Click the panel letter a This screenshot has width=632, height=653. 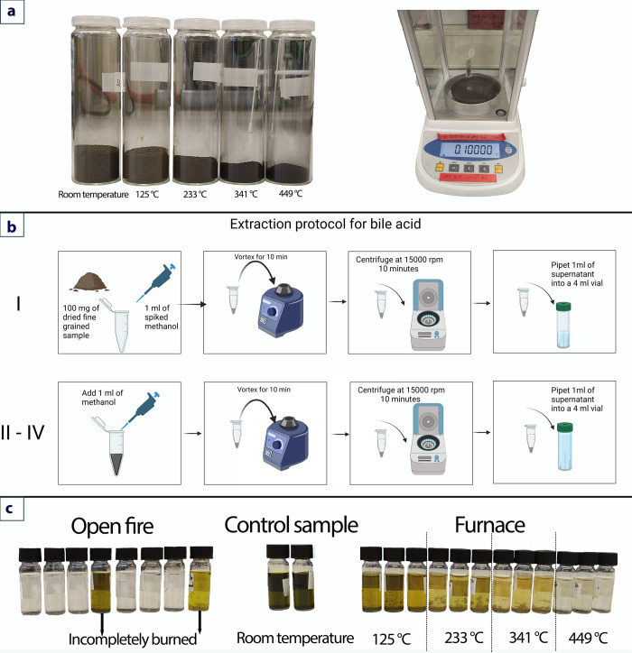point(11,11)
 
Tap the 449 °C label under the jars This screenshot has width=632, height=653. point(291,194)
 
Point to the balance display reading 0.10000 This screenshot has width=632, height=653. point(473,150)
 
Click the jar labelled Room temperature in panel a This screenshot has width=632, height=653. point(96,101)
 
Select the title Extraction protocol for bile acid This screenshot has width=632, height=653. point(325,224)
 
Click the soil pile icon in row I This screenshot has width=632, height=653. point(88,281)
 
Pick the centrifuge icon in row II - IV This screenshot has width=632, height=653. point(428,439)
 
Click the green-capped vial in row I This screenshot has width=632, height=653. point(563,325)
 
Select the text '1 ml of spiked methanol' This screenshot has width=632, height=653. point(162,317)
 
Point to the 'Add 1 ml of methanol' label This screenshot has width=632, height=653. point(102,397)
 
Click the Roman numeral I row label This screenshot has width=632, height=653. point(18,304)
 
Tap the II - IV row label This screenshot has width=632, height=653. point(23,432)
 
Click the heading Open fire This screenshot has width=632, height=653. point(112,526)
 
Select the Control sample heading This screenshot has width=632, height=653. point(291,525)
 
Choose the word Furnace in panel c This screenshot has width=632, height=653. point(490,525)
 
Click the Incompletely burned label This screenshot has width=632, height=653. point(133,639)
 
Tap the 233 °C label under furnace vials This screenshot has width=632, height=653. point(463,638)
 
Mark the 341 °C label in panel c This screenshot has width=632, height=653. point(528,637)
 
